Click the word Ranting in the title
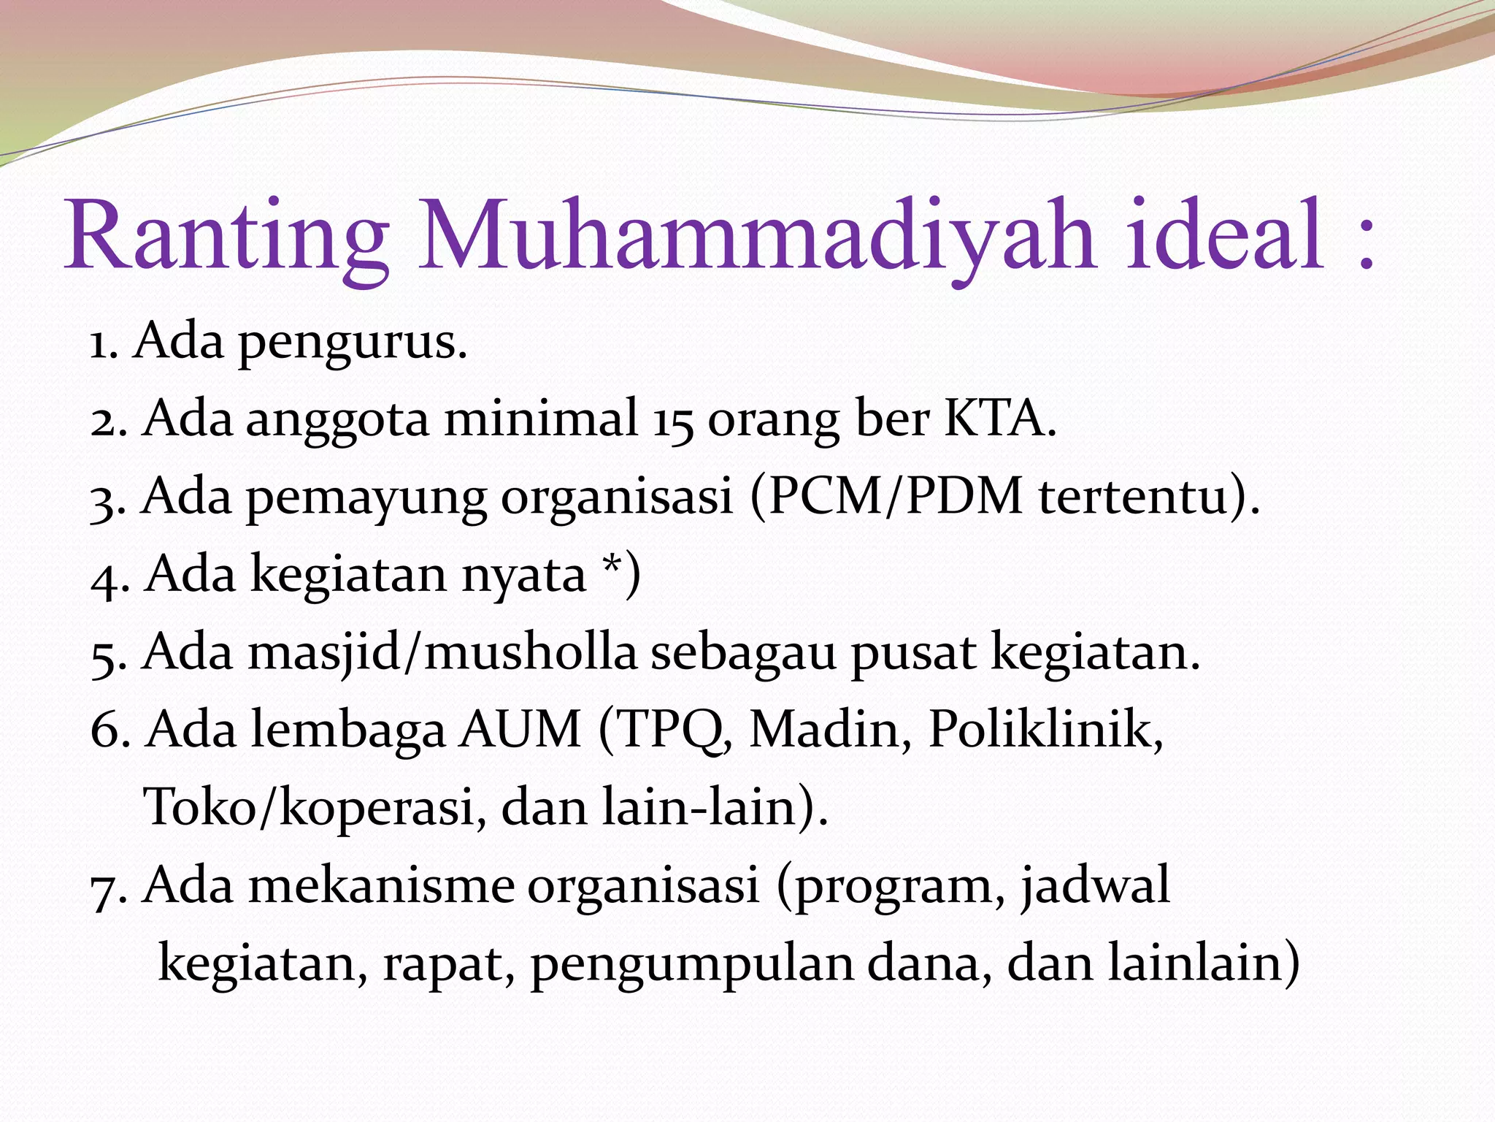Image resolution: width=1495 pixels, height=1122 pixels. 226,237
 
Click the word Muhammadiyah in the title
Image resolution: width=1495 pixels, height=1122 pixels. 756,237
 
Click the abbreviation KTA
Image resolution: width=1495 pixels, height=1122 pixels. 999,419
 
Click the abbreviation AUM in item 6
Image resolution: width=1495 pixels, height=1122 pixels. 520,730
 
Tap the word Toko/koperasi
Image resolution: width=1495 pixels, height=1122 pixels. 310,808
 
